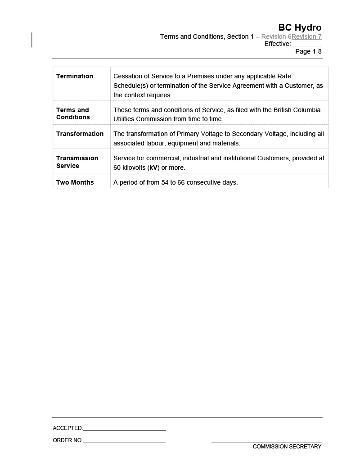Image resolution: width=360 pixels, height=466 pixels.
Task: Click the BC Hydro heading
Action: click(300, 27)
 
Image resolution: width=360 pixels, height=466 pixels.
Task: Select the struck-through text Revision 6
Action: click(276, 36)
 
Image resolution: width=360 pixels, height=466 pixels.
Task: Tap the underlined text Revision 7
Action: click(306, 36)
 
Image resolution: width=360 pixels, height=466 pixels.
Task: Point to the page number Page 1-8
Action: click(308, 51)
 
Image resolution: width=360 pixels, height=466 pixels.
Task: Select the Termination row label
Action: click(75, 76)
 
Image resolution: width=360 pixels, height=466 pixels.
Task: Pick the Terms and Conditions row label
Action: click(73, 113)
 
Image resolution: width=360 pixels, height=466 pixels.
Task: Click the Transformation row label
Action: click(80, 134)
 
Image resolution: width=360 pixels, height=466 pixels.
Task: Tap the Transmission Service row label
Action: click(77, 162)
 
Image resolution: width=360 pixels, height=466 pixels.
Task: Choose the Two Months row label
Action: click(75, 182)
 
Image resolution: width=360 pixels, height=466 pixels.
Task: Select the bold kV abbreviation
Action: click(154, 167)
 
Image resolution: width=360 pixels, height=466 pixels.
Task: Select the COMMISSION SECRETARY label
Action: click(287, 447)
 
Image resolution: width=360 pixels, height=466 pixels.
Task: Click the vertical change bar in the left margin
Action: click(32, 40)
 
